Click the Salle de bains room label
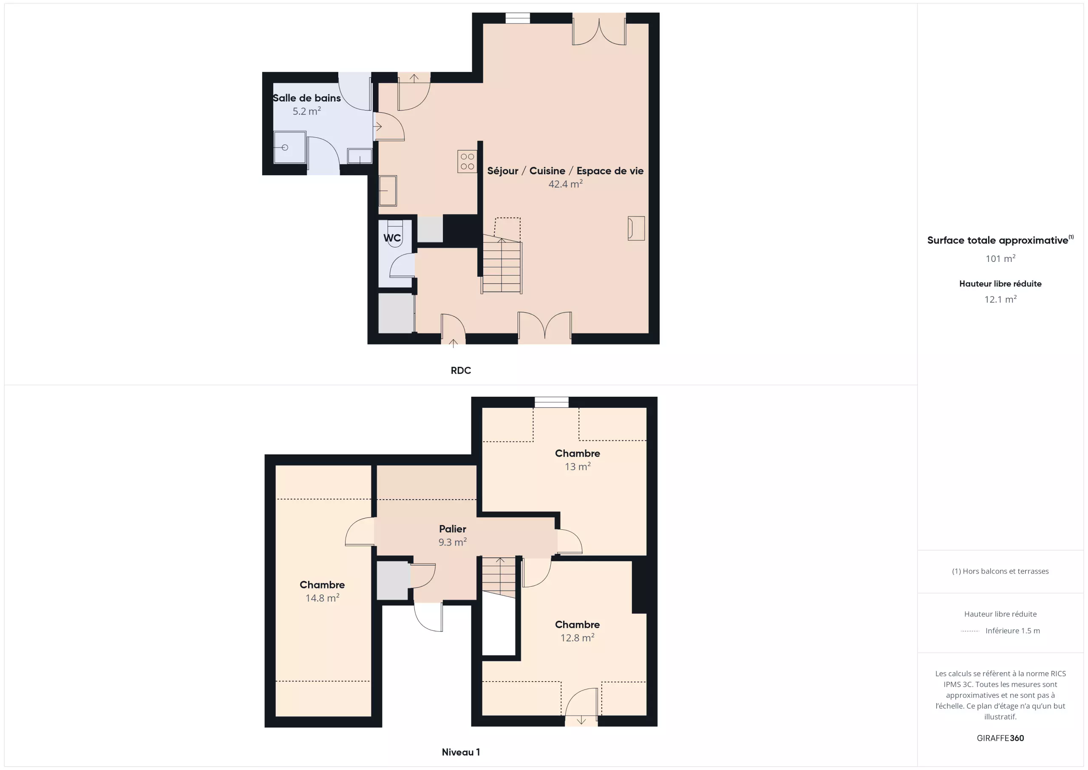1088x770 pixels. tap(306, 98)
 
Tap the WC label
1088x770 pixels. tap(392, 238)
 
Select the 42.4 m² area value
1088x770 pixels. tap(565, 184)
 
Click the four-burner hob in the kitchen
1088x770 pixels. tap(467, 161)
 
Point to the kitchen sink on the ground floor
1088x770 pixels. tap(388, 190)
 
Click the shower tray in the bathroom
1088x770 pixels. tap(289, 148)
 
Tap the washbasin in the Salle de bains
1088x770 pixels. tap(360, 156)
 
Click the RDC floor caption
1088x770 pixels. tap(461, 370)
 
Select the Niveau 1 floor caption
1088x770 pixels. tap(461, 752)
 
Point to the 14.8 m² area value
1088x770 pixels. tap(322, 598)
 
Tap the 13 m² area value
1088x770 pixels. tap(577, 466)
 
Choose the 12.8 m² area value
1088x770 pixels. tap(577, 638)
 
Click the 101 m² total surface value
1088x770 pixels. tap(1000, 259)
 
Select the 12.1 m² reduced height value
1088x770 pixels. tap(1000, 299)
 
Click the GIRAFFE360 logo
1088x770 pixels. tap(1000, 738)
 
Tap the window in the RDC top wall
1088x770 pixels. tap(518, 18)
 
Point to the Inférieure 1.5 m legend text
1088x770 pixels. tap(1013, 631)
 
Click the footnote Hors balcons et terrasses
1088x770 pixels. tap(1000, 571)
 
